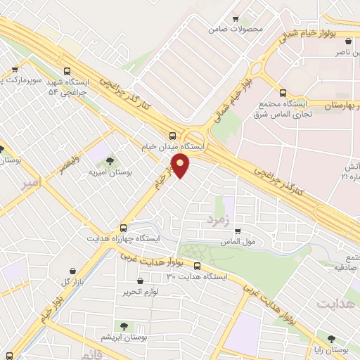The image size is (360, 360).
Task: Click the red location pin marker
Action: (x=181, y=165)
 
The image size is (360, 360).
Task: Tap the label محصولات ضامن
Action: (x=236, y=30)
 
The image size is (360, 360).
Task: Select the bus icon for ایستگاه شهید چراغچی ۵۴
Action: (x=67, y=71)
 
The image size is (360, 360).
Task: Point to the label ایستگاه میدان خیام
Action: (x=173, y=146)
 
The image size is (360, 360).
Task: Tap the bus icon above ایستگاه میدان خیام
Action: (x=173, y=135)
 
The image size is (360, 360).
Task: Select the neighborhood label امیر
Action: (x=32, y=185)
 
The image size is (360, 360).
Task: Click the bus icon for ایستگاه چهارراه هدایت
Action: (x=123, y=228)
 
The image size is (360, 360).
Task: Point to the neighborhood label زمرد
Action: (x=219, y=221)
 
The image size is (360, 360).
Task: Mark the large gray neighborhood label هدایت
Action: (x=335, y=304)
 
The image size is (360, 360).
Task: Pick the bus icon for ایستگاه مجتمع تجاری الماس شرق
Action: (x=283, y=93)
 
